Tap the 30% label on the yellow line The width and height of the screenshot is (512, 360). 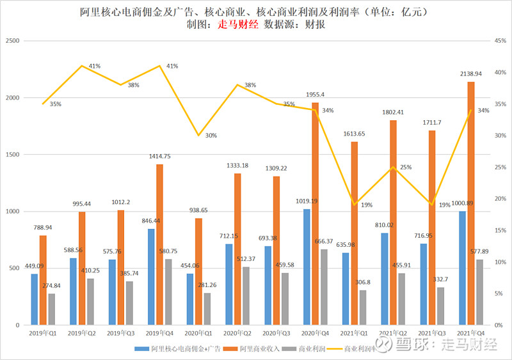pyautogui.click(x=211, y=136)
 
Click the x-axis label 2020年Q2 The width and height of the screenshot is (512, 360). pyautogui.click(x=237, y=333)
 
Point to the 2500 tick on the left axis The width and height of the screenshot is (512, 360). pyautogui.click(x=13, y=40)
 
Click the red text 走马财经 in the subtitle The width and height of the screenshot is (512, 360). pyautogui.click(x=238, y=24)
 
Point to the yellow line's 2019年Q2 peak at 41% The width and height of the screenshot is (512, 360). pyautogui.click(x=82, y=66)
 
